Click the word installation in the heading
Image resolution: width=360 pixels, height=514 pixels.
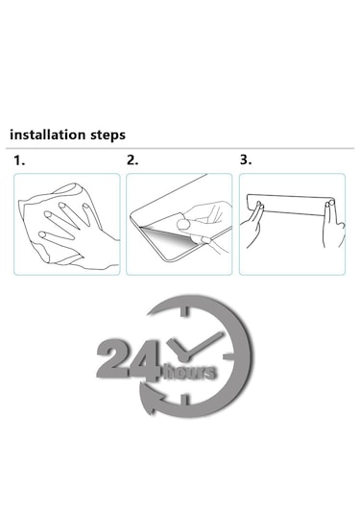coord(47,135)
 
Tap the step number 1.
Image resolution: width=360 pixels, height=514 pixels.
coord(19,160)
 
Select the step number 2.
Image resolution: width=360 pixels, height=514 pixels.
coord(132,160)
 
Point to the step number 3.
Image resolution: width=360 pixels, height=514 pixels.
coord(246,159)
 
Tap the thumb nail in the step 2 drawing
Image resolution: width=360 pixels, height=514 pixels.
coord(182,224)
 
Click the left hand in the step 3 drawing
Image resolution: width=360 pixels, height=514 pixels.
coord(252,225)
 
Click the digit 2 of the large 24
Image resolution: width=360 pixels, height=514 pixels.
coord(112,360)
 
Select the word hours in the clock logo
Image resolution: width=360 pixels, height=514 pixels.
coord(190,372)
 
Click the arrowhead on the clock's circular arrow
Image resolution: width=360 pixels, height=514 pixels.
coord(152,399)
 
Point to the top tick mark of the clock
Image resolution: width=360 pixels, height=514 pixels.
coord(184,311)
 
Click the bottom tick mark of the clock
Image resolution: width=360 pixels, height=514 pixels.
coord(185,401)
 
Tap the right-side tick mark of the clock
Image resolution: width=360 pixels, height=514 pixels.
coord(228,356)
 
